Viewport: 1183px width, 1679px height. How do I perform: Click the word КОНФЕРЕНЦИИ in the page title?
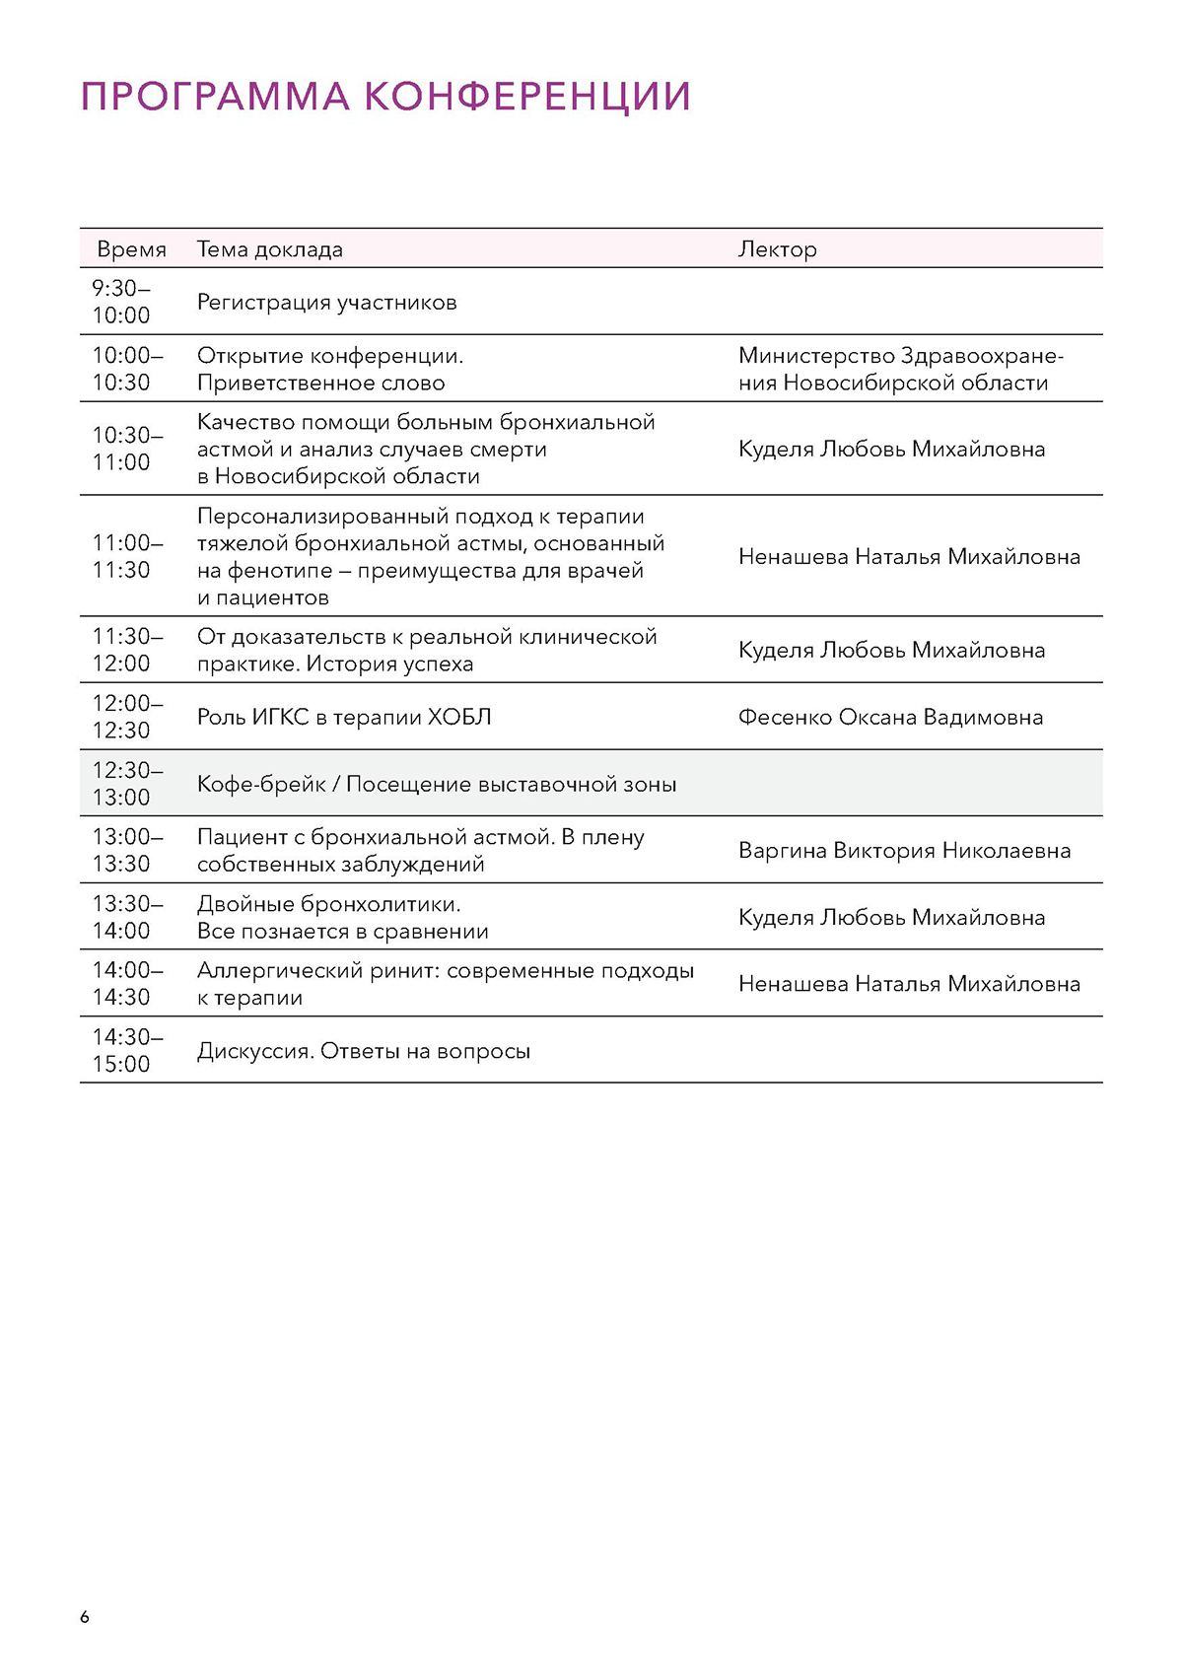click(527, 97)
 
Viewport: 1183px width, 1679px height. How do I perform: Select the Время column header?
click(131, 249)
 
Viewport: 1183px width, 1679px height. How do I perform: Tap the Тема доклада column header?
click(269, 249)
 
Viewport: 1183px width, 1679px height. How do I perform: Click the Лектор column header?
click(777, 249)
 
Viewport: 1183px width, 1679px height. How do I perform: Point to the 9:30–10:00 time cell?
click(121, 302)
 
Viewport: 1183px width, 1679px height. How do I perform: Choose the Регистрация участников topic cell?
click(326, 303)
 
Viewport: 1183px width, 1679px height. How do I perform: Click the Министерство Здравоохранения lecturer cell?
click(900, 369)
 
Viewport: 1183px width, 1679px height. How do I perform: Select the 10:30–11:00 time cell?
click(121, 449)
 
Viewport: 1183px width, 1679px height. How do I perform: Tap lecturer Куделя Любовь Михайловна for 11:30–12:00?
click(891, 651)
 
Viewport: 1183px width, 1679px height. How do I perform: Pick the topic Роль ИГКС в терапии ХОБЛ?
click(344, 718)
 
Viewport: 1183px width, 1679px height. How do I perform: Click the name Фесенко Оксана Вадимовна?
click(890, 718)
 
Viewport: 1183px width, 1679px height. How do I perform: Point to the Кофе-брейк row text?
click(437, 785)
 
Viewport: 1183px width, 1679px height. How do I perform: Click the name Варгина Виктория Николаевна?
click(904, 851)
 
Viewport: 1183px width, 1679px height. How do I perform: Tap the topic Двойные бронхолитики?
click(328, 904)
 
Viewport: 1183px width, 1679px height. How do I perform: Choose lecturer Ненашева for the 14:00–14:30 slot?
click(909, 984)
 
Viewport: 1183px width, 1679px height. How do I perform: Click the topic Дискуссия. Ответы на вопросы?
click(363, 1051)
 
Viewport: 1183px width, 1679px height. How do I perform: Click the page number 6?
click(85, 1617)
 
